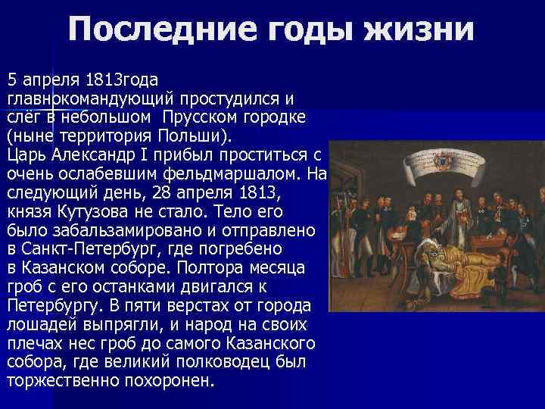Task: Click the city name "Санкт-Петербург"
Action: [91, 248]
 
